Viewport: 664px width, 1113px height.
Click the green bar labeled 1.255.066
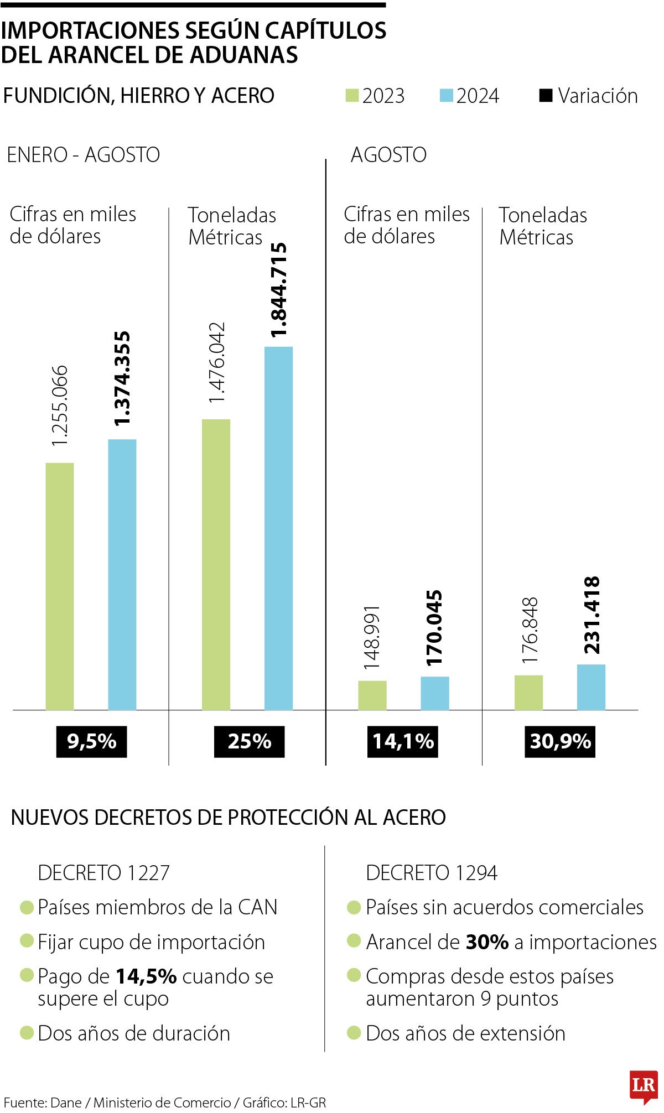click(59, 586)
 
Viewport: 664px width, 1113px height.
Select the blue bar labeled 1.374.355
click(122, 575)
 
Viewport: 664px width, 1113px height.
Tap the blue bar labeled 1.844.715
click(278, 528)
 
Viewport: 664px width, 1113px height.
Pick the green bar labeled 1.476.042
click(216, 564)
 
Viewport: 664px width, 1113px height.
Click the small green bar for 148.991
click(372, 695)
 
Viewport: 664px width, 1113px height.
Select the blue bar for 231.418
click(591, 687)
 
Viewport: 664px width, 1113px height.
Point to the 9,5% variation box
click(91, 741)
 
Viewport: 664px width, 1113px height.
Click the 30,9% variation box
click(560, 741)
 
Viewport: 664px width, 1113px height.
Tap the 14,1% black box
click(403, 741)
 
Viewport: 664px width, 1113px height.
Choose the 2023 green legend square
click(352, 96)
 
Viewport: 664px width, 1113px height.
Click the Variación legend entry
click(589, 96)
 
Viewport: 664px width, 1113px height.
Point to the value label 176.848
click(530, 631)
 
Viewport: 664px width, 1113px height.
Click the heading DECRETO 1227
click(103, 873)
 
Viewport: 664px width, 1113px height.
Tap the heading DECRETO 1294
click(432, 873)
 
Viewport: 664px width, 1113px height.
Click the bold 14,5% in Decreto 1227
click(146, 976)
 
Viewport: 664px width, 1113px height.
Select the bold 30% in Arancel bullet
click(487, 942)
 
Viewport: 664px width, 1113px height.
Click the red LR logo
click(644, 1085)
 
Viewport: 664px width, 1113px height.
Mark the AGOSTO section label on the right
click(388, 155)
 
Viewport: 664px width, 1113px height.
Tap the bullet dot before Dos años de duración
click(27, 1032)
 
